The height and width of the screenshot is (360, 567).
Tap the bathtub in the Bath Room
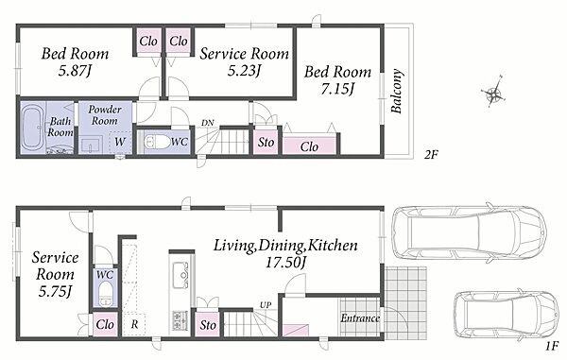point(32,128)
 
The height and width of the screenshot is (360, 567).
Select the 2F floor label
point(431,155)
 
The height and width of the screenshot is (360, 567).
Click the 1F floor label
point(552,347)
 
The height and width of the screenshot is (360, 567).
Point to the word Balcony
point(397,91)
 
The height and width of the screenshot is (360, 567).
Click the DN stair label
point(208,123)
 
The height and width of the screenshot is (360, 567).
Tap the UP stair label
point(266,305)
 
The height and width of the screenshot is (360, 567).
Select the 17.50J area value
point(285,263)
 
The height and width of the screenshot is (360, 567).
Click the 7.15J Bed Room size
point(337,89)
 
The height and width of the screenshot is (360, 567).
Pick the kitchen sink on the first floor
point(180,275)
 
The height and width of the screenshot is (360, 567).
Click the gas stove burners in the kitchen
point(180,319)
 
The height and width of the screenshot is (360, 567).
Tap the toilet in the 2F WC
point(157,142)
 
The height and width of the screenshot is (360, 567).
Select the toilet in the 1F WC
point(105,292)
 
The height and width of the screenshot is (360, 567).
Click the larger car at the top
point(469,232)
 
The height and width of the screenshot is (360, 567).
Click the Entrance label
point(360,318)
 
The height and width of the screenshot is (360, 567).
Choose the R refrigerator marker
point(134,324)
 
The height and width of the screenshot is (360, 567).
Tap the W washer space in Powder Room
point(120,142)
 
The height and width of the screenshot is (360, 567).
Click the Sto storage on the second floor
point(266,143)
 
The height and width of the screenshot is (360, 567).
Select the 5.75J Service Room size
point(55,291)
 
